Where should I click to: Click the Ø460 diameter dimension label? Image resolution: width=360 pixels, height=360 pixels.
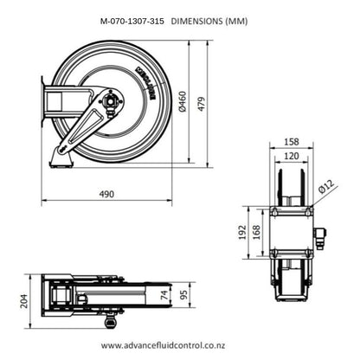[183, 101]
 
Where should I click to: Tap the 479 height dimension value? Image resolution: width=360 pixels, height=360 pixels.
[202, 104]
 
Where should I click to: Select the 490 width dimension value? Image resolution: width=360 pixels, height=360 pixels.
[106, 194]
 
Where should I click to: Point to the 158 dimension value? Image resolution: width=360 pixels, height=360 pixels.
[292, 142]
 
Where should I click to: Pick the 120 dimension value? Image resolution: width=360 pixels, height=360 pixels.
[292, 156]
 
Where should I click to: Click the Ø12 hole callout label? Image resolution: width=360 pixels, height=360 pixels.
[327, 186]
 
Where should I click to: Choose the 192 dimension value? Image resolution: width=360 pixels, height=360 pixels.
[242, 232]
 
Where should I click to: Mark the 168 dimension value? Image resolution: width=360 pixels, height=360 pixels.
[256, 232]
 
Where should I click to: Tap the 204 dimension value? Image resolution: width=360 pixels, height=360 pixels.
[24, 301]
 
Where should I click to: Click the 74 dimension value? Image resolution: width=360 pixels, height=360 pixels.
[164, 295]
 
